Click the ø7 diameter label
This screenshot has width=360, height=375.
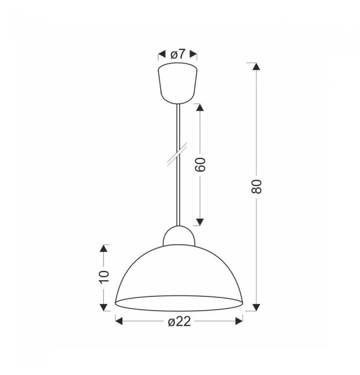(178, 54)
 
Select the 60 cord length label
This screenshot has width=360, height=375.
(200, 165)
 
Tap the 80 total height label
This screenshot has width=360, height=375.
(256, 186)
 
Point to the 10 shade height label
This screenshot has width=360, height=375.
(104, 277)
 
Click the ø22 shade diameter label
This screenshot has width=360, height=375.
(179, 321)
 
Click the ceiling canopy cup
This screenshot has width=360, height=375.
(178, 83)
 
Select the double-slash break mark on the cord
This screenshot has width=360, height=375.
(177, 154)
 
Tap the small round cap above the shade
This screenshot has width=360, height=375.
(179, 236)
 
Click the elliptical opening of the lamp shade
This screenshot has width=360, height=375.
(179, 303)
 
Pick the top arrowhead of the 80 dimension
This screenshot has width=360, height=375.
(256, 66)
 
